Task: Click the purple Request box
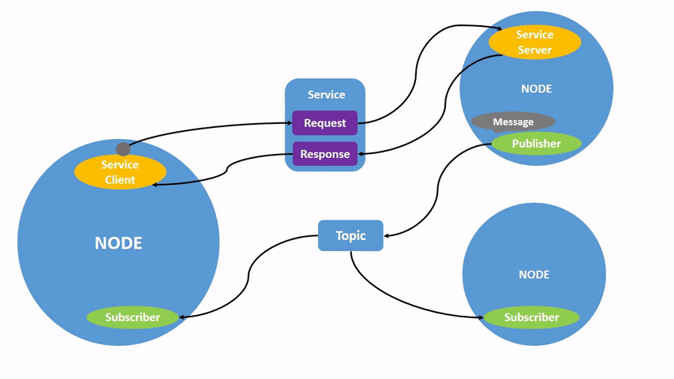pos(324,123)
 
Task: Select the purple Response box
pos(324,154)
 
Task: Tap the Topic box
pos(350,235)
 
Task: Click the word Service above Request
pos(326,95)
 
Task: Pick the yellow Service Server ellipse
pos(534,42)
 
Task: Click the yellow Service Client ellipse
pos(120,172)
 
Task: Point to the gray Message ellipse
pos(513,122)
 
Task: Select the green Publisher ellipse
pos(536,144)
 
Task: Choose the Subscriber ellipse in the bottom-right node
pos(531,317)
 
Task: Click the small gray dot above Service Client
pos(122,149)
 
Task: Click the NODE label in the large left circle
pos(118,243)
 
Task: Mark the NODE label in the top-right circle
pos(536,89)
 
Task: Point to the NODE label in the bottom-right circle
pos(534,275)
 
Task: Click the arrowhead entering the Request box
pos(288,123)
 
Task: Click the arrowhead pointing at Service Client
pos(157,184)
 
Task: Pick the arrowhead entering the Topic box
pos(388,235)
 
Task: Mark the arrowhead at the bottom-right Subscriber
pos(479,318)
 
